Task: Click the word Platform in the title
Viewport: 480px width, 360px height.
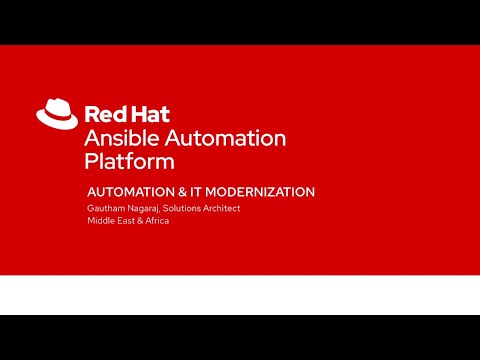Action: tap(129, 161)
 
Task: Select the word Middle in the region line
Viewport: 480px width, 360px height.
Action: tap(102, 220)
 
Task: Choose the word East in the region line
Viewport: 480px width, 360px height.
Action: tap(131, 220)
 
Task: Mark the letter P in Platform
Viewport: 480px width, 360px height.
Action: tap(92, 161)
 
